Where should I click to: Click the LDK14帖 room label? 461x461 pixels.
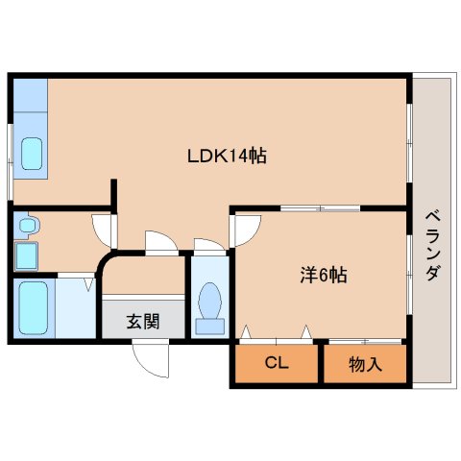coord(227,157)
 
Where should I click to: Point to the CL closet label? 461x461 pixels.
coord(276,364)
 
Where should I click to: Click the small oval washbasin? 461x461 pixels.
coord(27,226)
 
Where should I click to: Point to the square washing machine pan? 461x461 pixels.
coord(26,256)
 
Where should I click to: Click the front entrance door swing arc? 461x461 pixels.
coord(151,359)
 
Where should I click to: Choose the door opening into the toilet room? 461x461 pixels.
coord(208,246)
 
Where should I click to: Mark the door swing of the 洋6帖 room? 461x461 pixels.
coord(247,227)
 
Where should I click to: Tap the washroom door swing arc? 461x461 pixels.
coord(103,230)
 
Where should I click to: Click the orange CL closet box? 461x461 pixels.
coord(276,364)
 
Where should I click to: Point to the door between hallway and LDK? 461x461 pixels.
coord(161,242)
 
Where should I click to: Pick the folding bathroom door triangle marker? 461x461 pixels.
coord(87,284)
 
